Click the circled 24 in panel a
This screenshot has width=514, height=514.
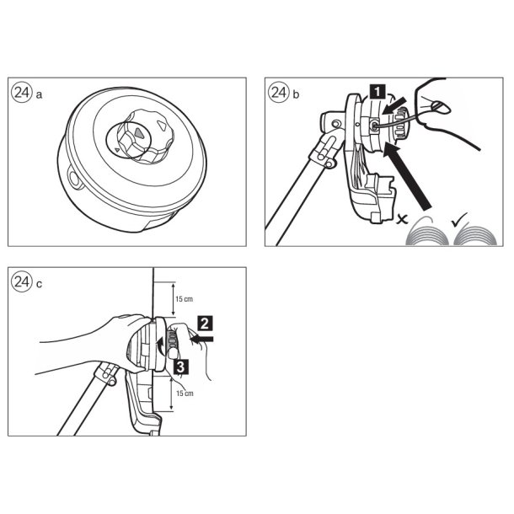click(x=22, y=93)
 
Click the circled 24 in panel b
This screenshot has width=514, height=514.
click(x=279, y=93)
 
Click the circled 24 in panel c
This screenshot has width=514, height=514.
click(x=22, y=281)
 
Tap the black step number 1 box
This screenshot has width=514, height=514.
click(x=377, y=92)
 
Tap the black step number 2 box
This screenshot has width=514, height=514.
click(x=205, y=324)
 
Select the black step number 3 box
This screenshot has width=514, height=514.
click(x=181, y=367)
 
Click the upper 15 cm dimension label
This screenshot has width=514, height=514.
click(x=184, y=299)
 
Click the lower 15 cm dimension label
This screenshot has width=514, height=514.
click(x=185, y=393)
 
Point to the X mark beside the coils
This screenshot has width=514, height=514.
click(x=402, y=219)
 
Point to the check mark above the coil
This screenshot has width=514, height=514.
click(x=459, y=220)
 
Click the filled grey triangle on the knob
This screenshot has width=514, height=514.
click(x=139, y=131)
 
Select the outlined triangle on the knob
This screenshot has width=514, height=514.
click(x=162, y=126)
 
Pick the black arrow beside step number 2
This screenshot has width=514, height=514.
click(x=201, y=339)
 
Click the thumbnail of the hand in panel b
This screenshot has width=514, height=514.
click(x=442, y=107)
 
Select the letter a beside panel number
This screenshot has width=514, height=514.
click(x=39, y=95)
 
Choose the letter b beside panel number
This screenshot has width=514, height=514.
click(x=296, y=94)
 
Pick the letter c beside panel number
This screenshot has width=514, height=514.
click(x=39, y=284)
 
